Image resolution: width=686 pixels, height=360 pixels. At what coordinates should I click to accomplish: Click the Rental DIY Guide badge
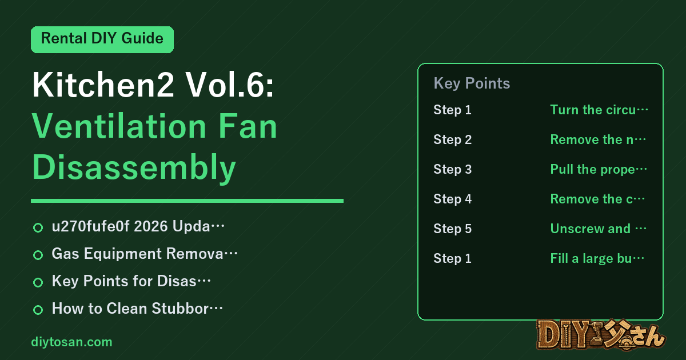[102, 39]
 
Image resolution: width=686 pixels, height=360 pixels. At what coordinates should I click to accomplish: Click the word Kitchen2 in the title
[103, 85]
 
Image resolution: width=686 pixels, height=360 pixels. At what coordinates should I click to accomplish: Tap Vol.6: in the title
[230, 85]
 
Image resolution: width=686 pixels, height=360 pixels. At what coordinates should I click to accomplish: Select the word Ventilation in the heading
[119, 126]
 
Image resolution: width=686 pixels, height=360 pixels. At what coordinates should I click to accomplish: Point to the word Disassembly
[134, 168]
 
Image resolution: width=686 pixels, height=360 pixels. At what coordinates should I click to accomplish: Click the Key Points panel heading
[472, 83]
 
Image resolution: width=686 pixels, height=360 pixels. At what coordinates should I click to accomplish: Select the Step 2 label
[452, 139]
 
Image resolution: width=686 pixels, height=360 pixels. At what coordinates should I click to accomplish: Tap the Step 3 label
[452, 169]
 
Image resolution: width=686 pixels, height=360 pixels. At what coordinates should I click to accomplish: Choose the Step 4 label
[452, 199]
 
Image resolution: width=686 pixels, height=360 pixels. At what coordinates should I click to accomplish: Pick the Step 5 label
[452, 229]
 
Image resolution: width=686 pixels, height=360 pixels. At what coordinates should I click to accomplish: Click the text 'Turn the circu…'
[599, 110]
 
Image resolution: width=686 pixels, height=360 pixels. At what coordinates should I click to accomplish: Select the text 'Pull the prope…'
[599, 169]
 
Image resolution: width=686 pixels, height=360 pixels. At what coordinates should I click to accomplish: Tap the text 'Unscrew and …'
[598, 229]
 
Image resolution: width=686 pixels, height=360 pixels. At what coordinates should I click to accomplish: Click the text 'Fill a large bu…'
[597, 258]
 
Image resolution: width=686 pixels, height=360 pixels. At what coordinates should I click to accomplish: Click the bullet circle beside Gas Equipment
[38, 255]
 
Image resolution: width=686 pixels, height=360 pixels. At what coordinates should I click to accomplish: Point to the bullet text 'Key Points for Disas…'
[131, 281]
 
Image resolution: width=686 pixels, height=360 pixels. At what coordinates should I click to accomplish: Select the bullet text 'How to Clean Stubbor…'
[137, 308]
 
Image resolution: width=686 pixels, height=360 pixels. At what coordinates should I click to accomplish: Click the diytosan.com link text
[71, 342]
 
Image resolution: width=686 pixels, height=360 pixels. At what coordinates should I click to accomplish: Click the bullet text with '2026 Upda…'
[138, 226]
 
